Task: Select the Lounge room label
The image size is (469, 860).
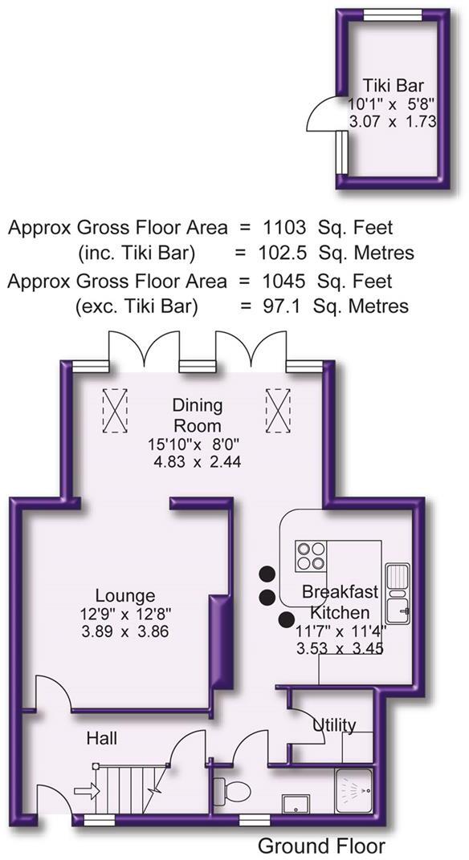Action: pyautogui.click(x=124, y=596)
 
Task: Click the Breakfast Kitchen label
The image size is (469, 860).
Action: pyautogui.click(x=339, y=601)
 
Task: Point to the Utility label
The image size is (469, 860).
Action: pyautogui.click(x=334, y=725)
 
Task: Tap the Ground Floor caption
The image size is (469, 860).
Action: pyautogui.click(x=321, y=846)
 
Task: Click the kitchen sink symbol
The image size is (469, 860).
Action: pyautogui.click(x=398, y=594)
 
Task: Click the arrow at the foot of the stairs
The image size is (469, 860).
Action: pyautogui.click(x=86, y=791)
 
